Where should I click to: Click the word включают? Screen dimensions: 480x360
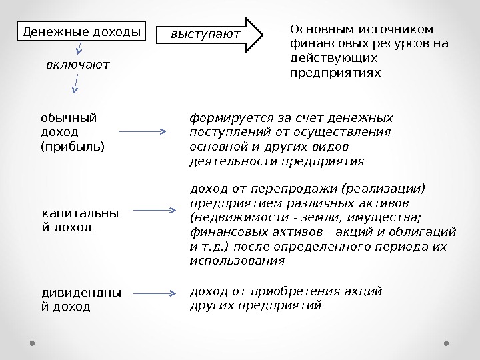pyautogui.click(x=77, y=65)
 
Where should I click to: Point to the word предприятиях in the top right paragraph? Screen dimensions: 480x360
pyautogui.click(x=336, y=71)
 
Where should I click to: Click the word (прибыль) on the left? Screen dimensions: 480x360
pyautogui.click(x=73, y=144)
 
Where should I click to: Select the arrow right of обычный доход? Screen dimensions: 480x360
pyautogui.click(x=147, y=132)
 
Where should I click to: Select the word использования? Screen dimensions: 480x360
pyautogui.click(x=237, y=261)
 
